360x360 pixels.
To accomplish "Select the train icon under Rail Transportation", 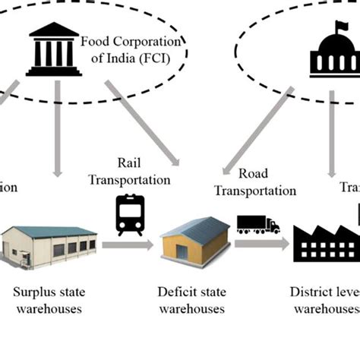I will tap(130, 215).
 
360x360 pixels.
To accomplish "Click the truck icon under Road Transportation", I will tap(258, 224).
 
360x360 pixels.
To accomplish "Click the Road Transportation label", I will tap(254, 182).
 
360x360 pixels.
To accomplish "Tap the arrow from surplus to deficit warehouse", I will tap(127, 245).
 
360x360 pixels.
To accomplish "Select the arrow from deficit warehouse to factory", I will tap(261, 244).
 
